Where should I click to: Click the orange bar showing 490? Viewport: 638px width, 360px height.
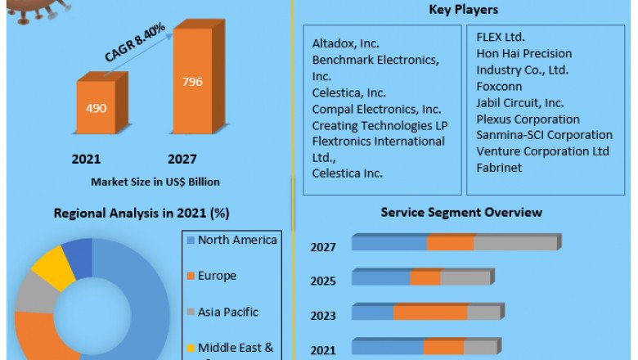96,107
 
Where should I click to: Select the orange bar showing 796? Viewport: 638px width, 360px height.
192,82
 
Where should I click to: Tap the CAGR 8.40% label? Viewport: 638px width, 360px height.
135,43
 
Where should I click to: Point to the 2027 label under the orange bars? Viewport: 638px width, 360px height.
182,159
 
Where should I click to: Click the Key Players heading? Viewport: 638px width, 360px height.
463,10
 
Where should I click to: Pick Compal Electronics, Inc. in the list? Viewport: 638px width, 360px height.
376,109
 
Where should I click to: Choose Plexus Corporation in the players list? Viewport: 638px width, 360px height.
528,119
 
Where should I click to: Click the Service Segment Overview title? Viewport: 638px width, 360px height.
461,213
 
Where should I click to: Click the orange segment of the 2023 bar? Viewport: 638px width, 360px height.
430,313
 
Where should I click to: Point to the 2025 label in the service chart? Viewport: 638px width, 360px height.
323,281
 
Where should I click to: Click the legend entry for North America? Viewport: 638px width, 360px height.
237,240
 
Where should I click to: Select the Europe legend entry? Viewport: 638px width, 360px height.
216,276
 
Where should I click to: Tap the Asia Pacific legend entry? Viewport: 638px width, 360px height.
227,312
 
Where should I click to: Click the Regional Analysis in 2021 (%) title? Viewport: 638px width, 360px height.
142,213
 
